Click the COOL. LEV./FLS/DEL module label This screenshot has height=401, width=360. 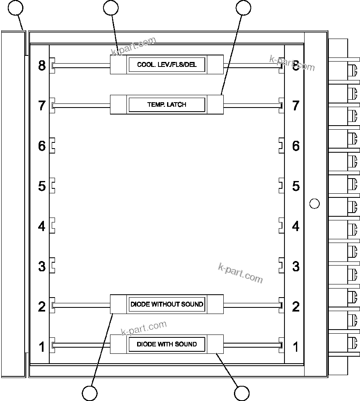pos(167,65)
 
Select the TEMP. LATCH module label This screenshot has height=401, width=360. pos(167,105)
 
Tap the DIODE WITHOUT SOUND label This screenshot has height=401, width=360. pos(167,304)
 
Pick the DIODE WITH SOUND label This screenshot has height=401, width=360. pos(167,344)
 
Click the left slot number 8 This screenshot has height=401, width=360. pos(42,65)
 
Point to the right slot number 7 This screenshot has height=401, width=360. pos(296,105)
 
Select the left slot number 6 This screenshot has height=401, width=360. pos(42,146)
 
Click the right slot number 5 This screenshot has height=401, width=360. pos(296,186)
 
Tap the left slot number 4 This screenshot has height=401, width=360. pos(42,226)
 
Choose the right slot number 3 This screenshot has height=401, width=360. pos(296,266)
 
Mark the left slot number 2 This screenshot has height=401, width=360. pos(42,306)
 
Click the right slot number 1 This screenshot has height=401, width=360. pos(296,347)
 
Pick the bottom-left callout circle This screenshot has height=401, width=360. pos(89,393)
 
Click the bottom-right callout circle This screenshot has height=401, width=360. pos(242,393)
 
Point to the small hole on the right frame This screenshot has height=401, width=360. pos(314,203)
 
